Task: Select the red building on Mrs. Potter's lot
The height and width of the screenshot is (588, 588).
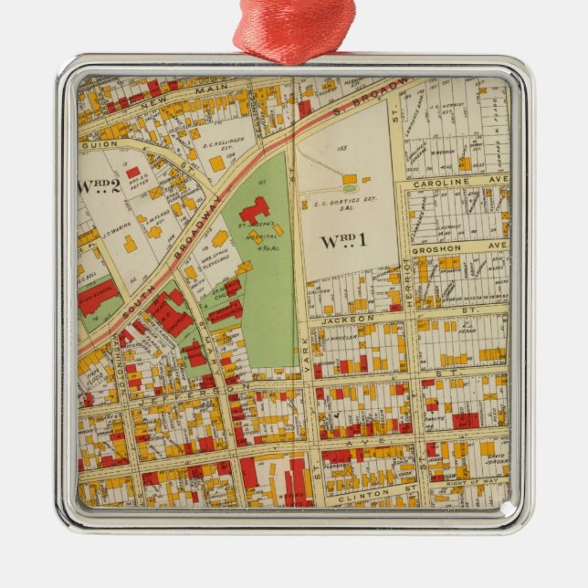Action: click(x=133, y=172)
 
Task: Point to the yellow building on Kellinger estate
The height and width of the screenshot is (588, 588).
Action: click(x=216, y=163)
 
